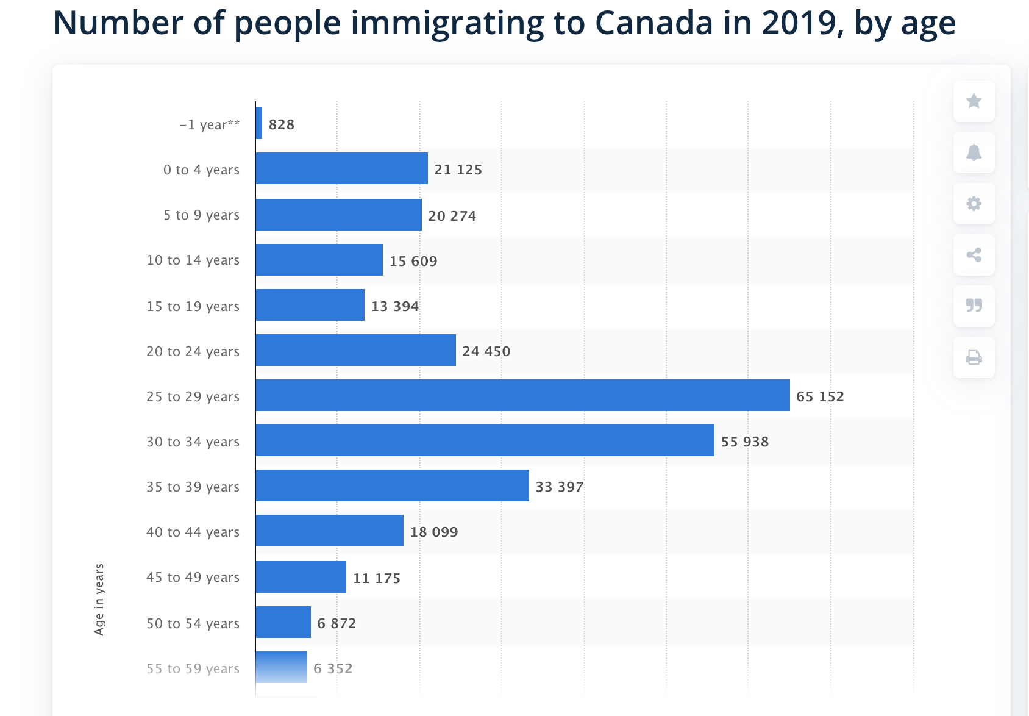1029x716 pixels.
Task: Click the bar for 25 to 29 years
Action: pos(522,395)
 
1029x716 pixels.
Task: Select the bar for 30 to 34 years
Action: pos(485,440)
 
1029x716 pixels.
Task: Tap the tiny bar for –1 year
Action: pos(259,123)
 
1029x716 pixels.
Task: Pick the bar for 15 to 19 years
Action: pos(310,305)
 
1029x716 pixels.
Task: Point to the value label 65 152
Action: pos(820,396)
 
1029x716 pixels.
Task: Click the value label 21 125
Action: pos(458,170)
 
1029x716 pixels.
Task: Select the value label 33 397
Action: pos(560,487)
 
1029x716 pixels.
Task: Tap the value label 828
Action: pos(281,124)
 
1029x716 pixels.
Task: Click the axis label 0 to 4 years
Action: pos(201,170)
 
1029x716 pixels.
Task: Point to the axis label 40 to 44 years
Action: pos(193,532)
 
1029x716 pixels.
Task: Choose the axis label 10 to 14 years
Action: pos(193,260)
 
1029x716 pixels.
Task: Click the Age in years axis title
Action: pos(99,600)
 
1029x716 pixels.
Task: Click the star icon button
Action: pos(974,101)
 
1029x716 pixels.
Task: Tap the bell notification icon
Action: pos(974,152)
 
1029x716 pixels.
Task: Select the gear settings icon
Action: pos(974,203)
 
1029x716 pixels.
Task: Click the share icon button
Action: pos(974,254)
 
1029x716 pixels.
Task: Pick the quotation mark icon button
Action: pos(974,306)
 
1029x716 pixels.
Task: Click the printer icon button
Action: pos(974,357)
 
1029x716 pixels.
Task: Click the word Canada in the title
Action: pos(653,23)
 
